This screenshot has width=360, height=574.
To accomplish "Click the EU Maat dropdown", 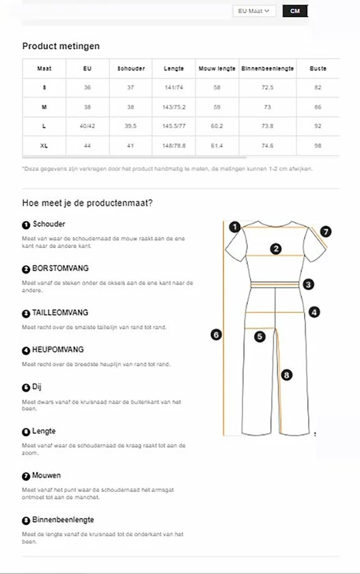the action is click(254, 11).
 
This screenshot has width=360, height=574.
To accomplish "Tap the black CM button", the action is click(295, 11).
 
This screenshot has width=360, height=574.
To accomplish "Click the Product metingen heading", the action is click(61, 46).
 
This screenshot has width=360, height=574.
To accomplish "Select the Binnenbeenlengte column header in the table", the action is click(267, 68).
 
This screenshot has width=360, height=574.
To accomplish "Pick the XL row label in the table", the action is click(44, 146).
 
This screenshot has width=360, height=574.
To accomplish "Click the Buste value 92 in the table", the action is click(318, 126).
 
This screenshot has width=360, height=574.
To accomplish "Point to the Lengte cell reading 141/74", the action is click(174, 87).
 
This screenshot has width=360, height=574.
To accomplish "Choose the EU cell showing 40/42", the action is click(87, 126).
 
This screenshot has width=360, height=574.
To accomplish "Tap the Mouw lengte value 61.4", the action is click(217, 146).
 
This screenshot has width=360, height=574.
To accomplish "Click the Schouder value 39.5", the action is click(130, 126).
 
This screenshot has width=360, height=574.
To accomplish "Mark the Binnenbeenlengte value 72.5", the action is click(267, 87).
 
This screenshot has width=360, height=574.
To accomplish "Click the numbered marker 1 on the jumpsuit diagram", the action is click(234, 227).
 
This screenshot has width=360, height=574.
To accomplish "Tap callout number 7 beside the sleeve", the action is click(326, 232).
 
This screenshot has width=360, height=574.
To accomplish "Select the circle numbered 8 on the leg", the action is click(286, 374).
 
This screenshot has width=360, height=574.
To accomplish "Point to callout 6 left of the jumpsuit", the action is click(216, 334).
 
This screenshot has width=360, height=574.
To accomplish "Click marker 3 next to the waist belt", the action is click(309, 284).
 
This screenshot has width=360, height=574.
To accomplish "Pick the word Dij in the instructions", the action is click(37, 387).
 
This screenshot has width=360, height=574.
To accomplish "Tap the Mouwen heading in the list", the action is click(46, 476).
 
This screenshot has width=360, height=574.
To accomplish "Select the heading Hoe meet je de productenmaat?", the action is click(87, 203).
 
